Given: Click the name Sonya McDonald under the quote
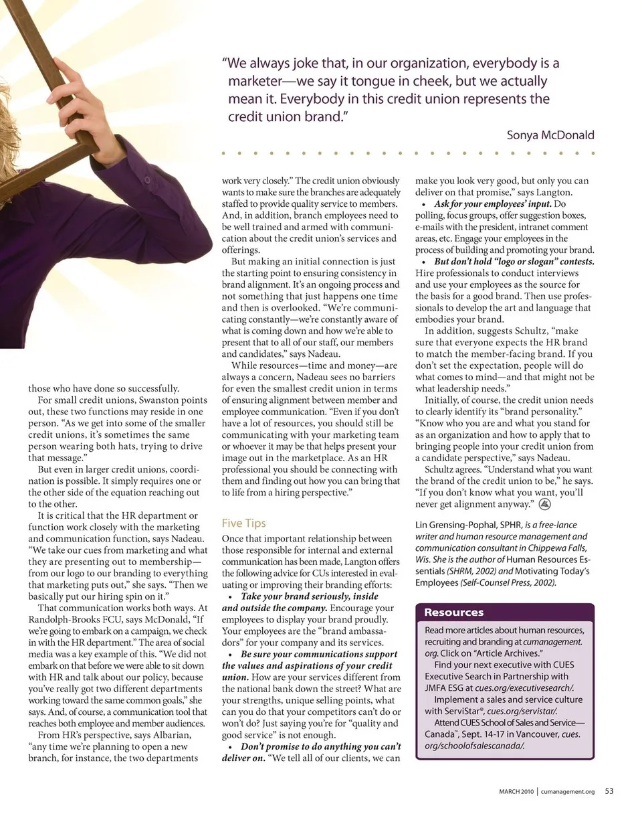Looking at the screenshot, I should pos(550,135).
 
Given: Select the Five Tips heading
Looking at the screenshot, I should pos(243,523).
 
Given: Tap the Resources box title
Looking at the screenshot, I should pos(453,612).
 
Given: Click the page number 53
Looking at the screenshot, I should pos(609,791).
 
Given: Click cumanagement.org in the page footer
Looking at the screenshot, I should pos(567,791).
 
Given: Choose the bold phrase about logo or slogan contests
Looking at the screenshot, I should pos(514,262).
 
